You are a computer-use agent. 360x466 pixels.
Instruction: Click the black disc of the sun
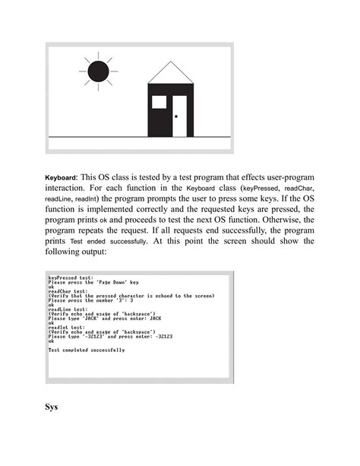pyautogui.click(x=98, y=72)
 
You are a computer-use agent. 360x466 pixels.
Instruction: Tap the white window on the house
pyautogui.click(x=159, y=103)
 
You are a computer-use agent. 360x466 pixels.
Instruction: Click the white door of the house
pyautogui.click(x=179, y=116)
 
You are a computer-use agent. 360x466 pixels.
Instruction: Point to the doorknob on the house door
pyautogui.click(x=177, y=116)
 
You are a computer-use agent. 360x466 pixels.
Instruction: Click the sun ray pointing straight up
pyautogui.click(x=98, y=54)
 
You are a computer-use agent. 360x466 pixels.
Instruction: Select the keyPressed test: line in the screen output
pyautogui.click(x=69, y=278)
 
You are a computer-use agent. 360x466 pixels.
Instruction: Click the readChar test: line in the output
pyautogui.click(x=66, y=293)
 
